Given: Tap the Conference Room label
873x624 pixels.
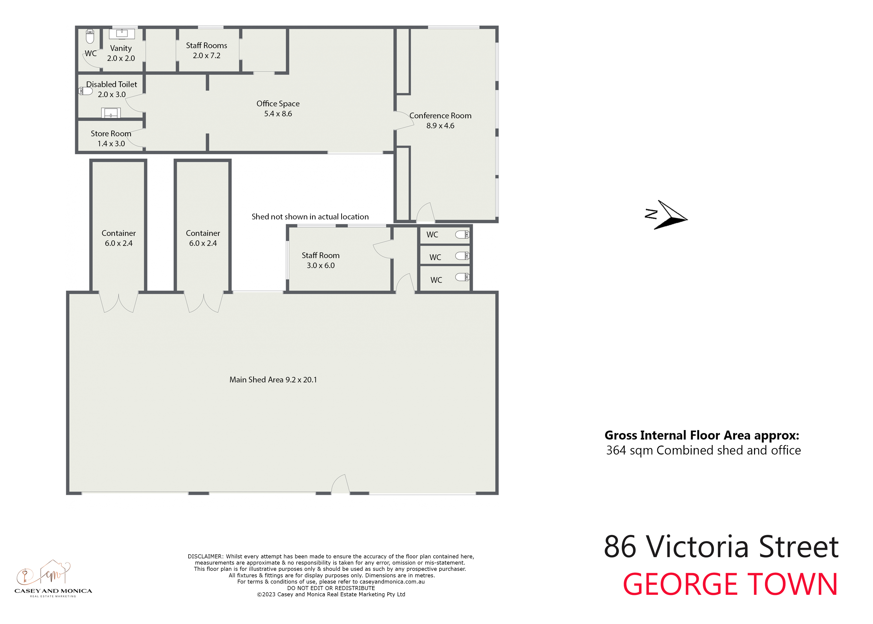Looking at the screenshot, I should click(440, 116).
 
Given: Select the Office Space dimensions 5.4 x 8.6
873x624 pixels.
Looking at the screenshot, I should click(278, 114).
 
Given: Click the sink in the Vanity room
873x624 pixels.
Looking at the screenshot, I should click(122, 34).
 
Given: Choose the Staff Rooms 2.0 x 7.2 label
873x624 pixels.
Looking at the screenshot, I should click(207, 50).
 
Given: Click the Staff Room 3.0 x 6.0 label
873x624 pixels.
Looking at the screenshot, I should click(321, 260).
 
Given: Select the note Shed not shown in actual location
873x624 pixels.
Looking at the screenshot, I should click(310, 217).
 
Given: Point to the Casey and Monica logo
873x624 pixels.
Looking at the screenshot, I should click(53, 579).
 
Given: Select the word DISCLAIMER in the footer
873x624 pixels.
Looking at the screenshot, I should click(205, 556).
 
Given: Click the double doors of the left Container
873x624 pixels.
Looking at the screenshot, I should click(119, 303).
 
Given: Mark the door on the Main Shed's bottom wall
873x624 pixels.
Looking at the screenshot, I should click(340, 484).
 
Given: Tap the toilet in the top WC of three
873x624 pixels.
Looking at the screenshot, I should click(462, 234).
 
